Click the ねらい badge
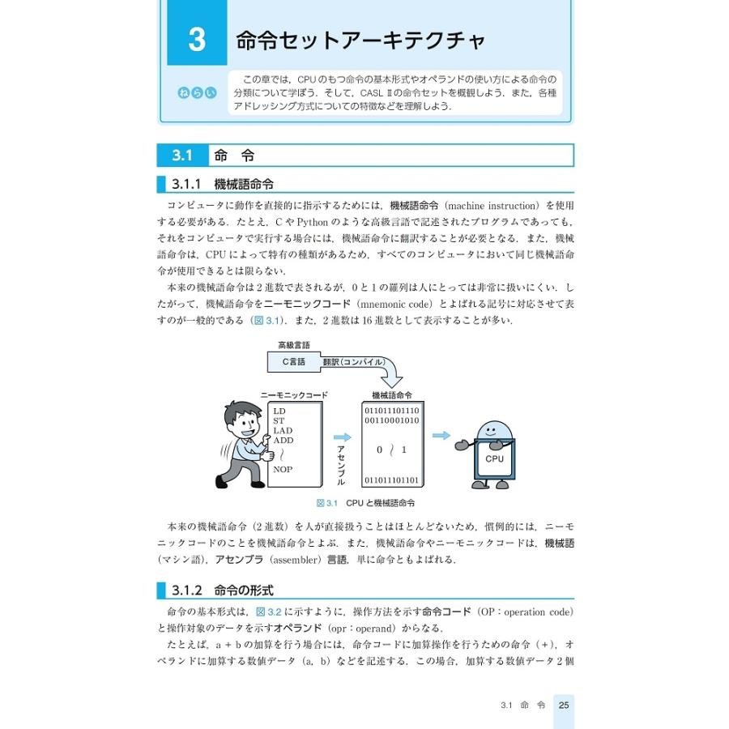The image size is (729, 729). (197, 93)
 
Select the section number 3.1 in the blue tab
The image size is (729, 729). (182, 155)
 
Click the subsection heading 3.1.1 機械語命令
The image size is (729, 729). (223, 184)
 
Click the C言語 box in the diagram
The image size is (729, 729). (293, 362)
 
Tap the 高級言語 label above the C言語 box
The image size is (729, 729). (293, 345)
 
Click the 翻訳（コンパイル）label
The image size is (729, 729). (353, 362)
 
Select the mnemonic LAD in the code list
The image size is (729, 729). (283, 430)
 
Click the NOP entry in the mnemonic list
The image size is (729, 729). (283, 469)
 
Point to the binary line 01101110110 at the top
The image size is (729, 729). (391, 411)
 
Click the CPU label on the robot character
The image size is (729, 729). (494, 458)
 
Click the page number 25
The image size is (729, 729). (564, 705)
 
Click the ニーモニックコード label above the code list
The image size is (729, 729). (294, 394)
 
